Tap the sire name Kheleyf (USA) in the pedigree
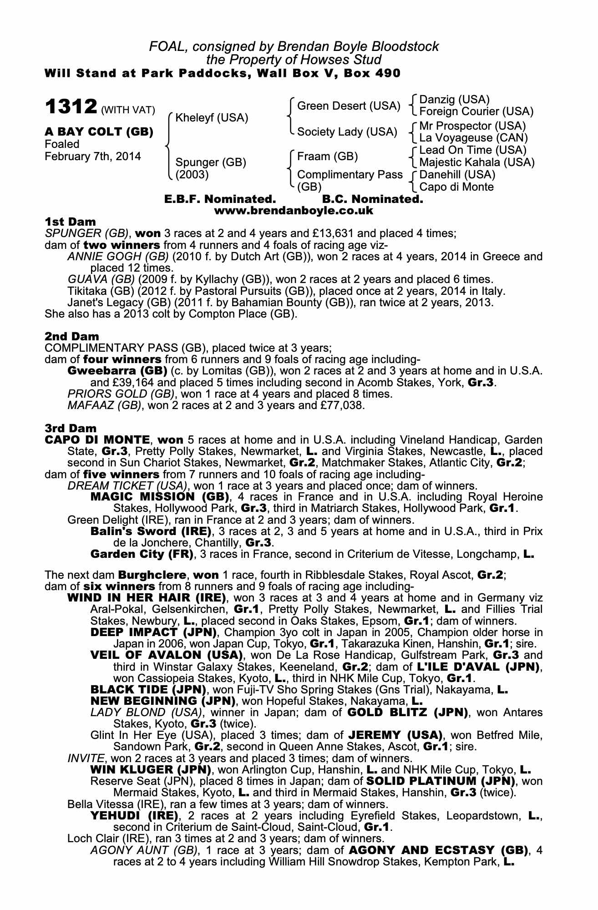(212, 118)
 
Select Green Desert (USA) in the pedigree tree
(349, 106)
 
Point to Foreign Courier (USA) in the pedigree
(476, 111)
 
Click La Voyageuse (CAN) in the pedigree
(473, 137)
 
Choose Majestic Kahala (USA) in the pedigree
(476, 162)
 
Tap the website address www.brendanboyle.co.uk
(294, 211)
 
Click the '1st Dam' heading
(71, 222)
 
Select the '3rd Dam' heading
(71, 428)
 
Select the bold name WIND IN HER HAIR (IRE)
(146, 598)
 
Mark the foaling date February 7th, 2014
(93, 157)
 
